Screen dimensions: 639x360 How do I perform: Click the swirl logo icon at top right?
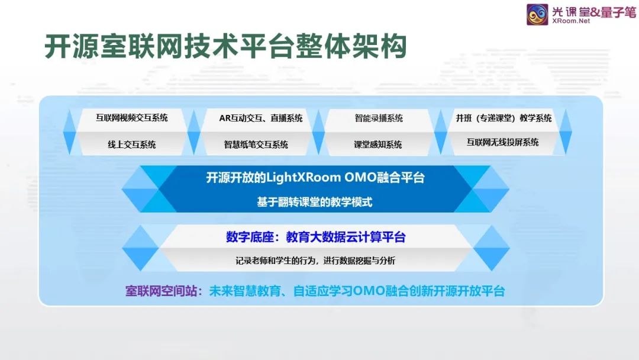[x=537, y=14]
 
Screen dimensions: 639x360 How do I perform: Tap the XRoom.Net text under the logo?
[x=571, y=21]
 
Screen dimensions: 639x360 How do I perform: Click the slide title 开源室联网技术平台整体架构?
[x=225, y=46]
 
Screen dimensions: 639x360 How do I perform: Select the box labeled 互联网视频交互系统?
[x=131, y=118]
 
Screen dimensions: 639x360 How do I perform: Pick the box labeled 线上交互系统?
[x=131, y=144]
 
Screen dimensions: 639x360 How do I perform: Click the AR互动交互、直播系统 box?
[x=261, y=118]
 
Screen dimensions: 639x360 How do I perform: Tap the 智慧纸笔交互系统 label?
[x=256, y=144]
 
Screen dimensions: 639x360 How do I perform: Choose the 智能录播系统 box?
[x=379, y=118]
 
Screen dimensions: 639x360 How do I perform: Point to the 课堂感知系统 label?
[x=377, y=144]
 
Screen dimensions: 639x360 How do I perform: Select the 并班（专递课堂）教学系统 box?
[x=504, y=118]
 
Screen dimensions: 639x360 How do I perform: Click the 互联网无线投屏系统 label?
[x=503, y=142]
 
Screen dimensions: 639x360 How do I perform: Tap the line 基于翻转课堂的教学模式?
[x=315, y=202]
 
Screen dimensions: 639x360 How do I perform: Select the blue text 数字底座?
[x=250, y=237]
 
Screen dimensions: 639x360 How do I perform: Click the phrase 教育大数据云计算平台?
[x=346, y=237]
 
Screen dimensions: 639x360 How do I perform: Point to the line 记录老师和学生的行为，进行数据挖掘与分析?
[x=315, y=261]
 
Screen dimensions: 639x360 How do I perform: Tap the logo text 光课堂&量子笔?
[x=594, y=11]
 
